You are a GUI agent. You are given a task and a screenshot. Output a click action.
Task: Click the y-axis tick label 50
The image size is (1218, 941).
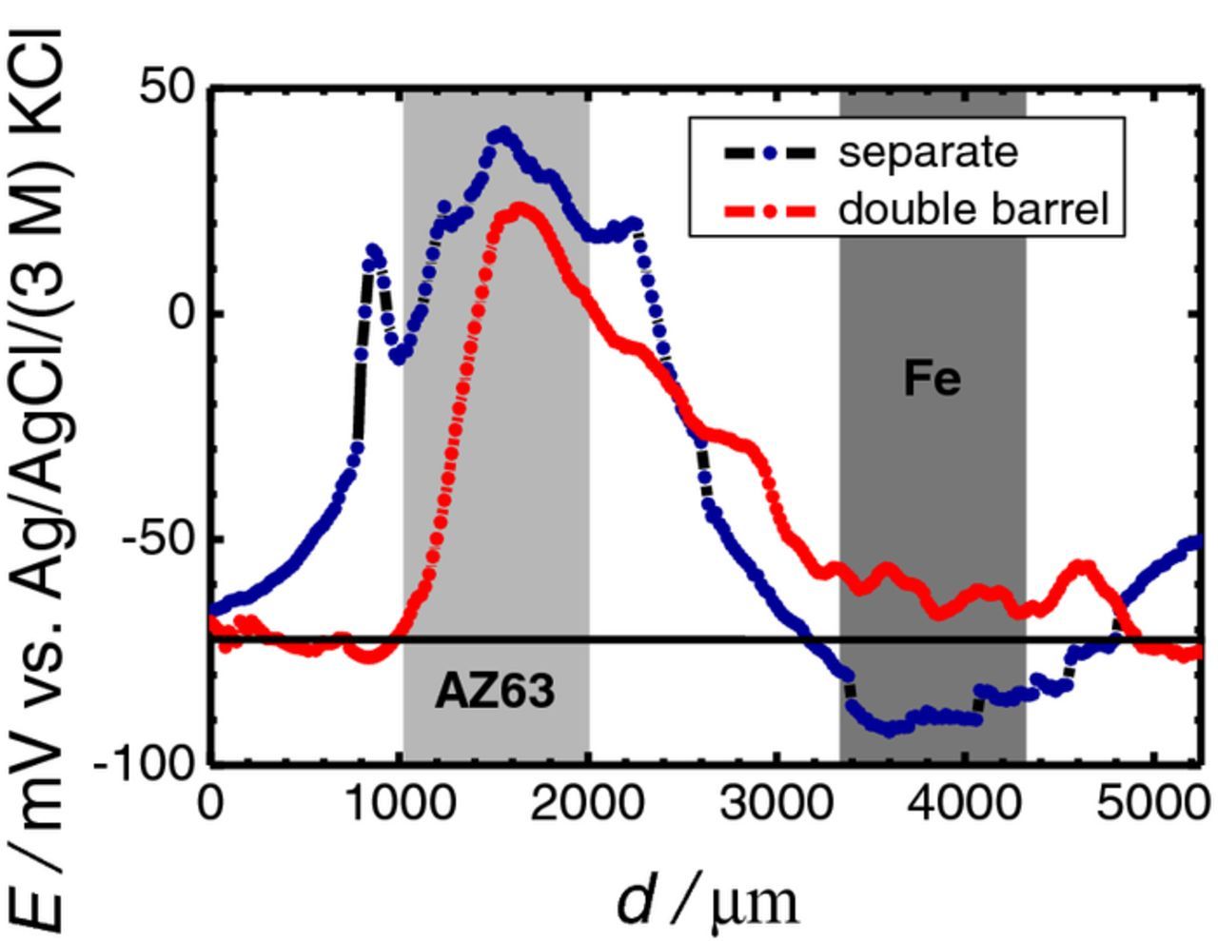pyautogui.click(x=167, y=88)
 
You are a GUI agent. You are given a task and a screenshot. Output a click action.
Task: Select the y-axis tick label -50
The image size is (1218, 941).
pyautogui.click(x=158, y=539)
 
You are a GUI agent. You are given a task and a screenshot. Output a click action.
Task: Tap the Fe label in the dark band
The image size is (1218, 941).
pyautogui.click(x=933, y=379)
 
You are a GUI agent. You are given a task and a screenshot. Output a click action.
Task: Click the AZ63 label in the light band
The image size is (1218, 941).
pyautogui.click(x=494, y=691)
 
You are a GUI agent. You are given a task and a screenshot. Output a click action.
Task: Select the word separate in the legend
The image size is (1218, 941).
pyautogui.click(x=927, y=152)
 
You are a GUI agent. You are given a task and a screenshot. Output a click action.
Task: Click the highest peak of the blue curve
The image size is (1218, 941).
pyautogui.click(x=504, y=133)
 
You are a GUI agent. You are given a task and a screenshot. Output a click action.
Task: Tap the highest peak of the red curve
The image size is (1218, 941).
pyautogui.click(x=521, y=208)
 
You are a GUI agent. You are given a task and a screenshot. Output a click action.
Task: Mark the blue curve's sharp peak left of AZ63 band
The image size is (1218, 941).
pyautogui.click(x=373, y=250)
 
